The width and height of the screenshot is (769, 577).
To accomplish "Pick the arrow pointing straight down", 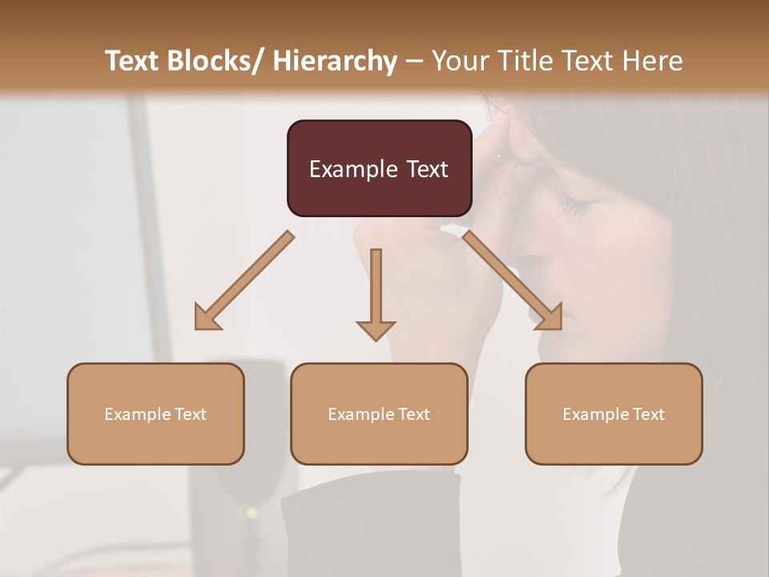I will pyautogui.click(x=376, y=293).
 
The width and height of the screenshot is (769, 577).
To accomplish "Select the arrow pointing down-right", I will pyautogui.click(x=513, y=280).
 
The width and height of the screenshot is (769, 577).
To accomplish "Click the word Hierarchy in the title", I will pyautogui.click(x=335, y=61).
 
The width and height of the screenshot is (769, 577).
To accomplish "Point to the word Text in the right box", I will pyautogui.click(x=648, y=414).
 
